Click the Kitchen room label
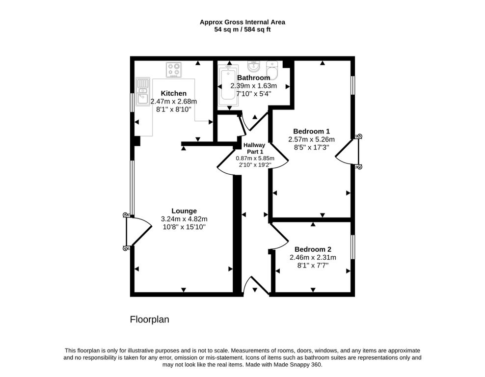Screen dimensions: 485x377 (173, 93)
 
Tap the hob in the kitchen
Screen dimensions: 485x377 (173, 70)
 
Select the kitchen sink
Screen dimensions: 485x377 (142, 92)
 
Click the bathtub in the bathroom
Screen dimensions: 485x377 (229, 86)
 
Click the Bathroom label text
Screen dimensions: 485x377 (254, 78)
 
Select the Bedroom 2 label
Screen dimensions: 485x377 (313, 249)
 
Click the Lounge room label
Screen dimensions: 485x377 (184, 211)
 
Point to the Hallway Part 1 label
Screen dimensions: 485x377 (254, 148)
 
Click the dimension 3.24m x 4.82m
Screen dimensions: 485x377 (184, 219)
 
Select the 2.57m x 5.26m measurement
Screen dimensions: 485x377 (312, 139)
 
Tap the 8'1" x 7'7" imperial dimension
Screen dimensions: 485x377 (313, 266)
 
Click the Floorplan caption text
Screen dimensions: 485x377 (149, 319)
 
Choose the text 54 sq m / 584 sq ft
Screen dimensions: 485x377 (242, 29)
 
